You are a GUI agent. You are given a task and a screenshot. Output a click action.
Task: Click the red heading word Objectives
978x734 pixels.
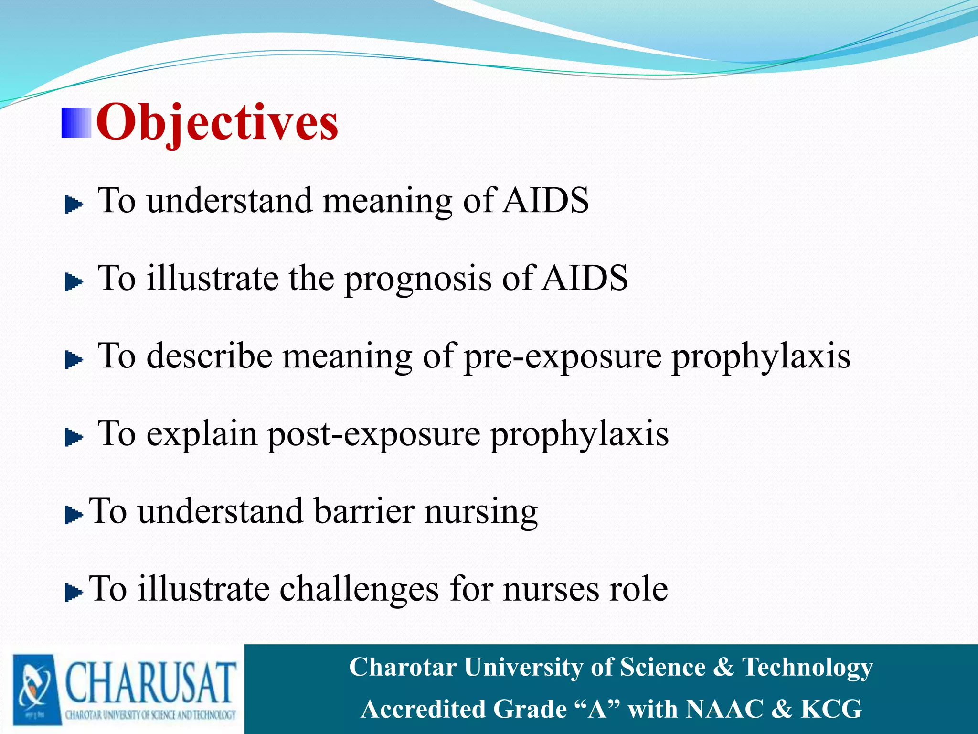tap(217, 123)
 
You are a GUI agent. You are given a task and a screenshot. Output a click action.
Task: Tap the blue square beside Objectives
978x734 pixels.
tap(76, 123)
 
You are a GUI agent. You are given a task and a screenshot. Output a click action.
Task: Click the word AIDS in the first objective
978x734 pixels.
tap(546, 200)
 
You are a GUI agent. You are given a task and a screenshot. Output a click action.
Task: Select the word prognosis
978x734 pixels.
tap(418, 279)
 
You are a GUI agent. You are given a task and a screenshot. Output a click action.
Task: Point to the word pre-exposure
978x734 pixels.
tap(563, 357)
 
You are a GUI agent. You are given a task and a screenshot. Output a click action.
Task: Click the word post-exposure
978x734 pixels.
tap(373, 434)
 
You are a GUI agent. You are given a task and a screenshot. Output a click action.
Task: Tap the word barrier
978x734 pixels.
tap(364, 511)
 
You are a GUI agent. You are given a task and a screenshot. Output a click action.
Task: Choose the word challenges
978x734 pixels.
tap(359, 589)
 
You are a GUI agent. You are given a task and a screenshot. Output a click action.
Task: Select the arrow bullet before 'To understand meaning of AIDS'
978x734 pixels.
tap(74, 205)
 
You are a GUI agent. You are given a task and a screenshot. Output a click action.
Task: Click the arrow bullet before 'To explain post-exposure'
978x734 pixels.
tap(74, 437)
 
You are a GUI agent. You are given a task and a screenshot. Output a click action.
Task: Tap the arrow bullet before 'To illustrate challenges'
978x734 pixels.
tap(74, 593)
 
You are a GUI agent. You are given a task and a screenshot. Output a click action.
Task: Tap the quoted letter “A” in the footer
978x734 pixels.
tap(597, 709)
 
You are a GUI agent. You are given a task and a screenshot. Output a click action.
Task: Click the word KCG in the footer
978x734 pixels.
tap(831, 709)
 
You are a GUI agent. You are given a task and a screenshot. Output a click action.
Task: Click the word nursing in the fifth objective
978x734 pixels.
tap(481, 511)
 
